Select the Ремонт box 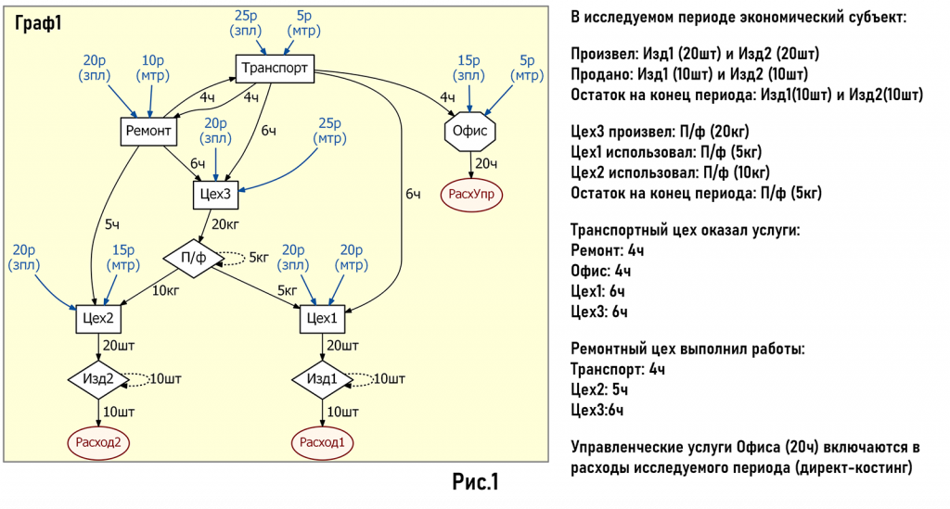point(148,132)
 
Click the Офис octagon point(470,132)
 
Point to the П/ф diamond point(193,258)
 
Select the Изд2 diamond point(97,379)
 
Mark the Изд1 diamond point(322,379)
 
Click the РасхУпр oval point(470,193)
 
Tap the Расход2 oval point(97,442)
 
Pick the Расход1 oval point(322,442)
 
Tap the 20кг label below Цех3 point(225,223)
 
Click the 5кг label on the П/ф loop point(260,258)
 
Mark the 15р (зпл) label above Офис point(469,67)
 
